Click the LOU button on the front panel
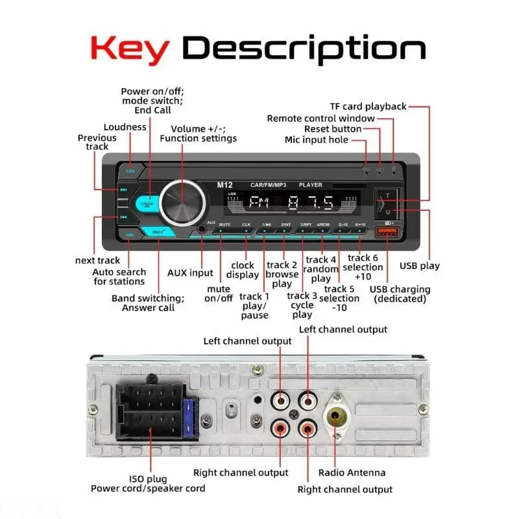coord(130,171)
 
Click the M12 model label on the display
coord(224,185)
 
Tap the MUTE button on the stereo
coord(224,224)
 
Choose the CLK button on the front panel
coord(246,224)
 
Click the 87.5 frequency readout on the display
coord(312,203)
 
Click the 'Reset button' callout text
coord(351,129)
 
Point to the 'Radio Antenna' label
coord(352,472)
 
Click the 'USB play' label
coord(419,265)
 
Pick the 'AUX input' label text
coord(190,273)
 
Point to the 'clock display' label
coord(243,270)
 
